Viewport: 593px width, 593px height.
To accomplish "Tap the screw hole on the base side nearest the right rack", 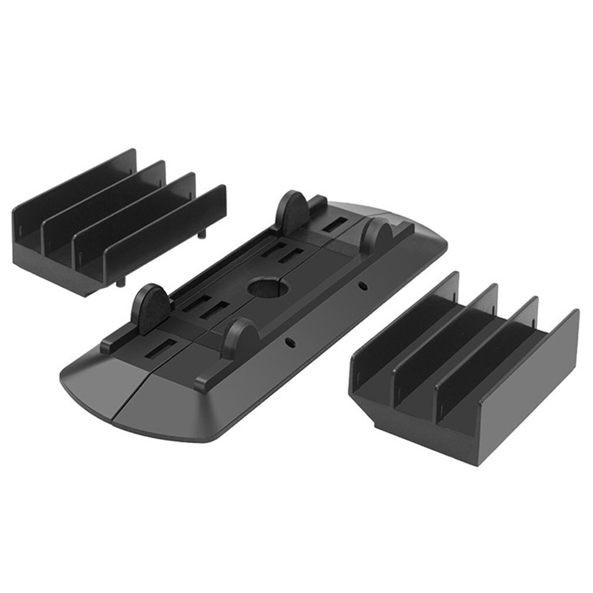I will point(363,286).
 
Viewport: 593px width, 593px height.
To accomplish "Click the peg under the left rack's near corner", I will point(120,282).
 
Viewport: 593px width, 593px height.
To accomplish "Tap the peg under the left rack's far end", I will point(203,233).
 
